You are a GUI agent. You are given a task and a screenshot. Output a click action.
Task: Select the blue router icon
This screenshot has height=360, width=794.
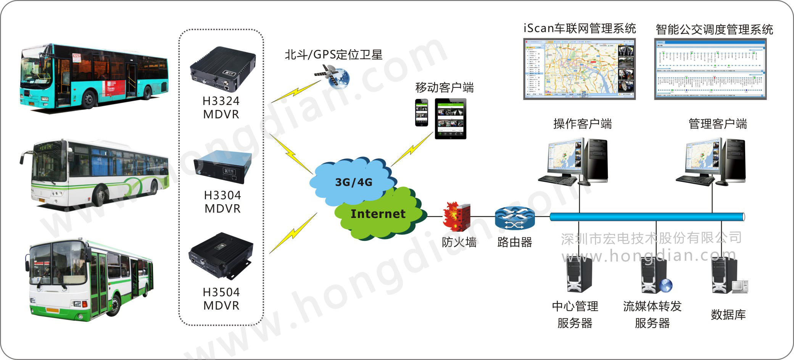coord(514,218)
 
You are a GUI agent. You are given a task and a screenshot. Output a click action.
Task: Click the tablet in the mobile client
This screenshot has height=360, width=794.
coord(450,118)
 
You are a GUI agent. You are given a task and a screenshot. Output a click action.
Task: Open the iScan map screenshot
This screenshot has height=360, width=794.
coord(579,69)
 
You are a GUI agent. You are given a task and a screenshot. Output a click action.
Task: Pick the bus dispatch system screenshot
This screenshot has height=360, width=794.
coord(710,69)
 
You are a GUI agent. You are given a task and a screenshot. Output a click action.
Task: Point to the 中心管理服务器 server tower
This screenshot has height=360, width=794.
coord(579,274)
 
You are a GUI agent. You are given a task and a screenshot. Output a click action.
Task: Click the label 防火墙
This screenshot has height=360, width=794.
coord(459,242)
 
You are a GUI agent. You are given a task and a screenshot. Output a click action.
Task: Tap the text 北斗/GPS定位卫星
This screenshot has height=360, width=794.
coord(333,55)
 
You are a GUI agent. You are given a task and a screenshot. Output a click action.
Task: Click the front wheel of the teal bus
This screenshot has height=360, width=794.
coord(89,98)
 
